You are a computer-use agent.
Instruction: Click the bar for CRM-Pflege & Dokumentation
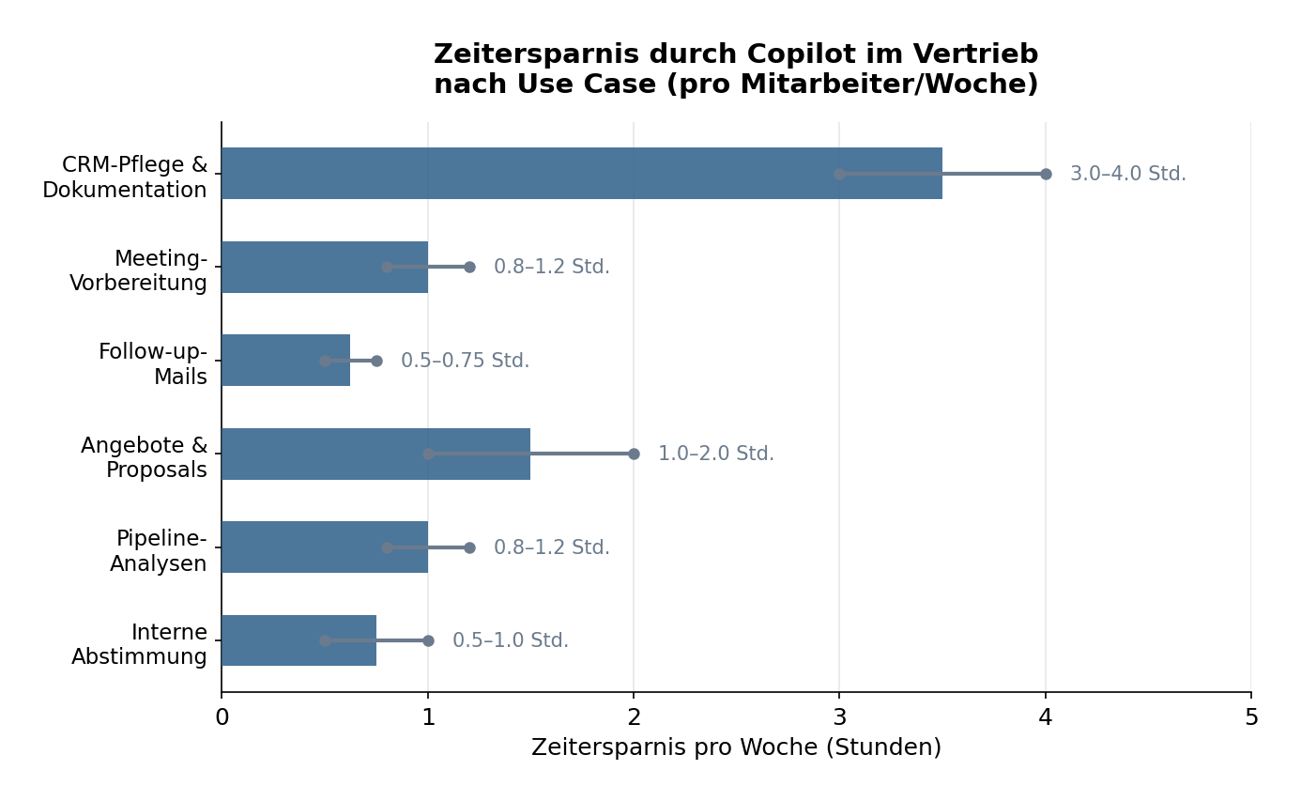point(526,174)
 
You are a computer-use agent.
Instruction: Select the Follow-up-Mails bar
point(272,361)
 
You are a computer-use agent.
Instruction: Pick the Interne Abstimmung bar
point(272,640)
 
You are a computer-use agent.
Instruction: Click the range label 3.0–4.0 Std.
point(1127,174)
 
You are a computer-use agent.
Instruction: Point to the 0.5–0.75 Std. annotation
point(465,361)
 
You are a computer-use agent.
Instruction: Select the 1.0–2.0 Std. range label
point(715,454)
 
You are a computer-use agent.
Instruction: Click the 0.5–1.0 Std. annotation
point(510,640)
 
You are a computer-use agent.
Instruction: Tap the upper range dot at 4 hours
point(1046,174)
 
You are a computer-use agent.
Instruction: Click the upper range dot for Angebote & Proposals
point(634,454)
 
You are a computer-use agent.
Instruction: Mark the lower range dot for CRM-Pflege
point(839,174)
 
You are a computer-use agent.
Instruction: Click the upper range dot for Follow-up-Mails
point(376,361)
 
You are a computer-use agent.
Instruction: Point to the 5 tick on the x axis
point(1250,718)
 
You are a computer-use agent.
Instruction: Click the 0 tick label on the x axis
point(222,718)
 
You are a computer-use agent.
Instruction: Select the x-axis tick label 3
point(839,718)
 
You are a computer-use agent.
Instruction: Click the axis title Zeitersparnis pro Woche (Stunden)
point(736,747)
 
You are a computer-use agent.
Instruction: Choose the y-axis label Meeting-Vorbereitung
point(138,270)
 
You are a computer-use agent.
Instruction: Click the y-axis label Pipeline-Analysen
point(158,551)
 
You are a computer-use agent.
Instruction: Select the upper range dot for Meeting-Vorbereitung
point(469,267)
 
